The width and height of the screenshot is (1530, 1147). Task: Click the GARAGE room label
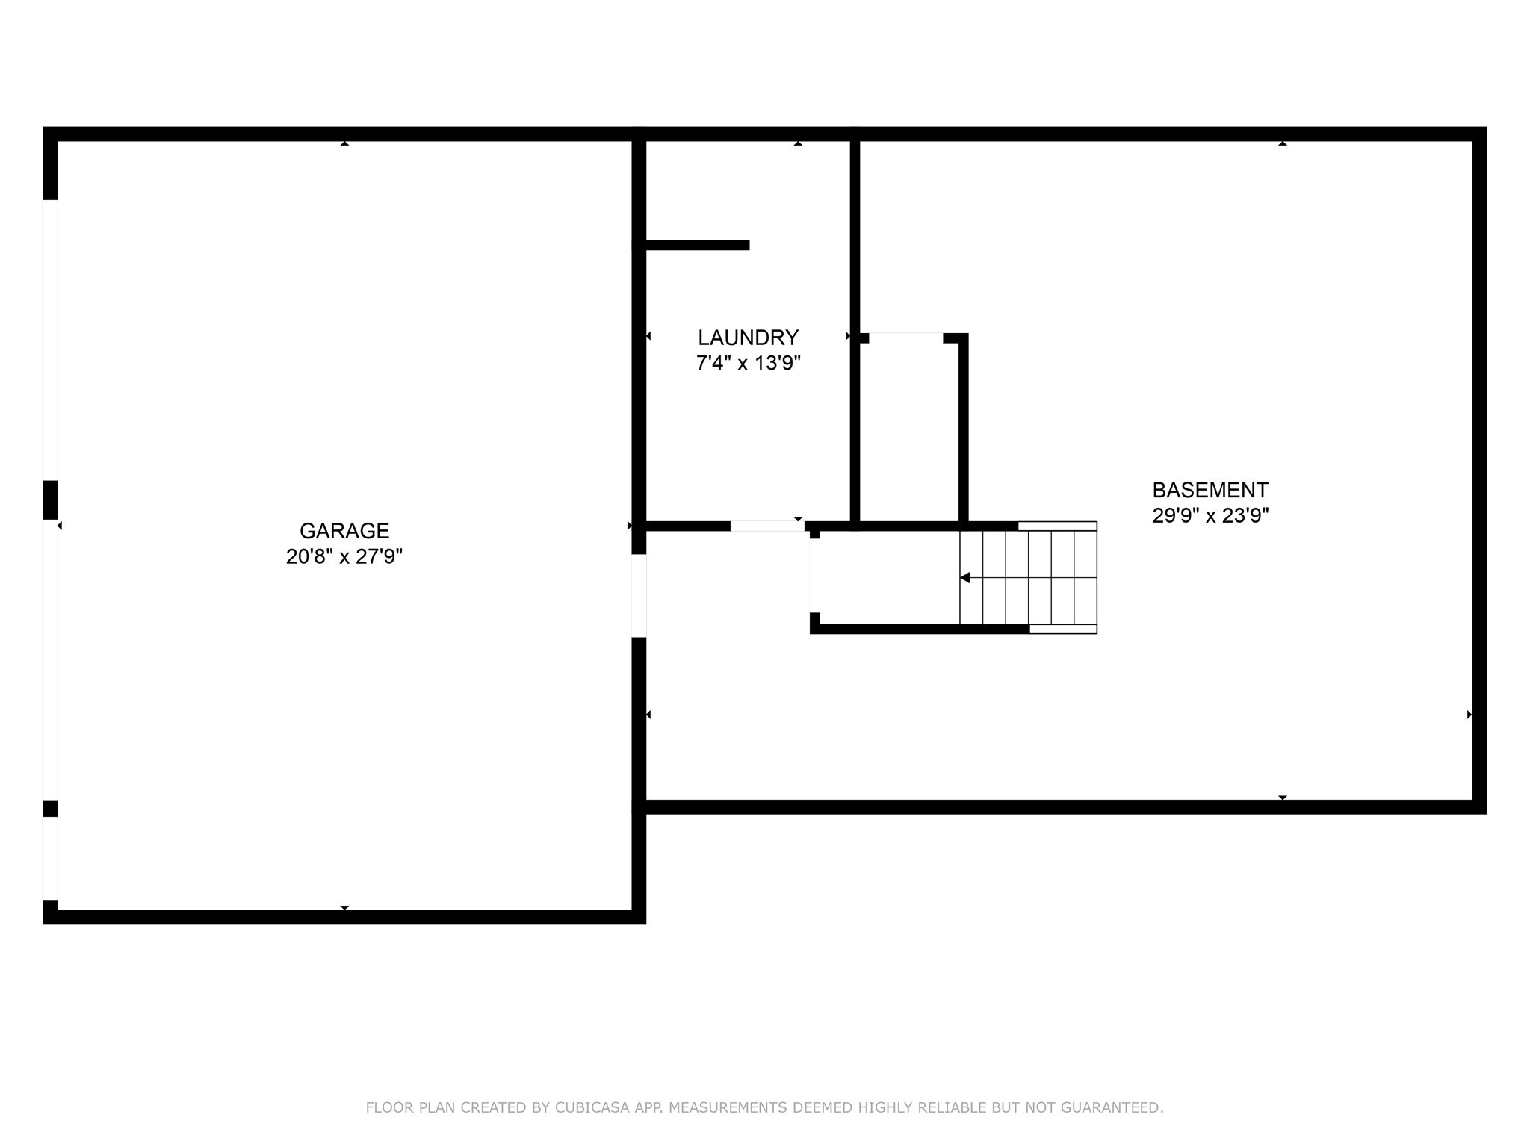pos(344,531)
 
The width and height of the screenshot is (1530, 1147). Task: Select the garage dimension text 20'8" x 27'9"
pos(344,556)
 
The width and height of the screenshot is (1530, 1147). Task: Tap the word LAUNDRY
pos(748,338)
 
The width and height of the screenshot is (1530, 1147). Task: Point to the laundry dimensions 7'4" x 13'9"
pos(748,364)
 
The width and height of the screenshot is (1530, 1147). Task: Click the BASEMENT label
pos(1210,491)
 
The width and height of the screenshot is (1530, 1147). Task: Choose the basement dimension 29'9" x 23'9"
pos(1210,516)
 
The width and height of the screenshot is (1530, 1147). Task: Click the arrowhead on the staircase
pos(965,578)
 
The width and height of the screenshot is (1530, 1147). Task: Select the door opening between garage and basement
pos(639,595)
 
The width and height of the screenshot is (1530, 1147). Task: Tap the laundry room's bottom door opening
pos(766,526)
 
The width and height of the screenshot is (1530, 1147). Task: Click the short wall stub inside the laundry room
pos(697,245)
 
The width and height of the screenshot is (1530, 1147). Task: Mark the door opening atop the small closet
pos(905,338)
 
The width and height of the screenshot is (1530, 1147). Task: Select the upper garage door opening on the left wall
pos(50,340)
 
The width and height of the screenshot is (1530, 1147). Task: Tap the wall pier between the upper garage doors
pos(50,500)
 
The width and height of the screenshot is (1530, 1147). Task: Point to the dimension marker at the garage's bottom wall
pos(344,908)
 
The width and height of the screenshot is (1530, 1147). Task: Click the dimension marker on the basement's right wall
pos(1469,715)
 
